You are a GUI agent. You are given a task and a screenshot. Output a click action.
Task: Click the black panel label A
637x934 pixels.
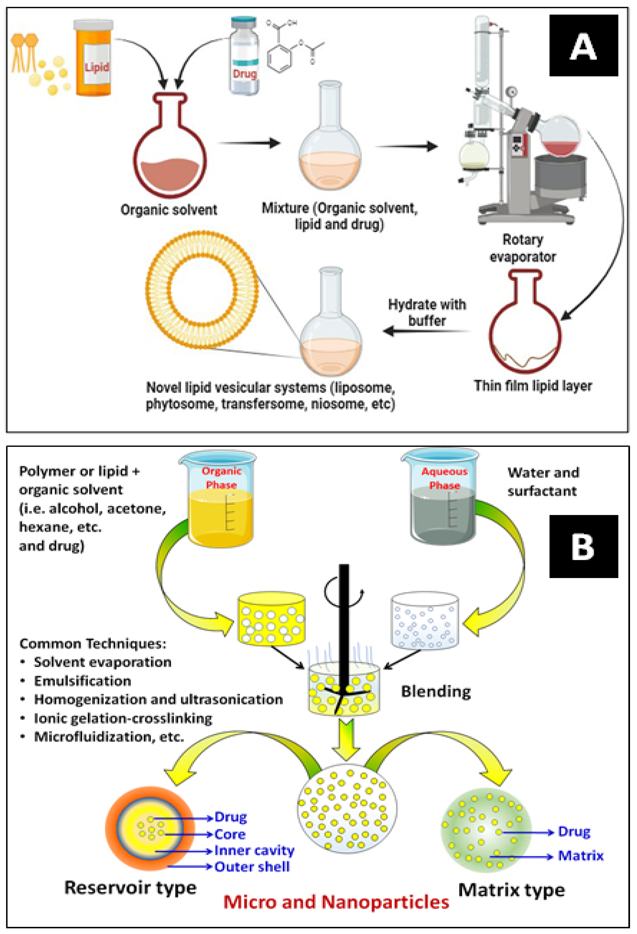(x=583, y=46)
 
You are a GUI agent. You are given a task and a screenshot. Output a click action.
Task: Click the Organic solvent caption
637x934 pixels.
(x=169, y=210)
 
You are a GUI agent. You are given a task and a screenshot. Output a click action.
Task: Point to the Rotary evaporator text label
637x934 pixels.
(x=523, y=248)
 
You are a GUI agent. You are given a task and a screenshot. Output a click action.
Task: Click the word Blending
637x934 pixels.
(x=436, y=692)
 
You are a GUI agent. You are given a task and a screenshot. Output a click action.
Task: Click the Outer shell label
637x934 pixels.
(x=252, y=867)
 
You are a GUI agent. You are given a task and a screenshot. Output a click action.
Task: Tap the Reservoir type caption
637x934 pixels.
(x=131, y=887)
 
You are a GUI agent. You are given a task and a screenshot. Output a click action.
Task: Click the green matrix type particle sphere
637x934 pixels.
(x=486, y=831)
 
